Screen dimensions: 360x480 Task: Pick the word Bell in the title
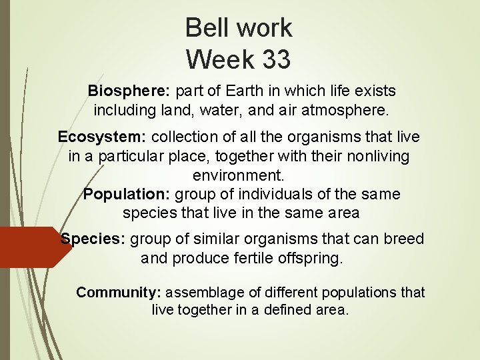(207, 27)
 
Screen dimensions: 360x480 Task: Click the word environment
(238, 175)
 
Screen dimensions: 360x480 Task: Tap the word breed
(403, 239)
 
